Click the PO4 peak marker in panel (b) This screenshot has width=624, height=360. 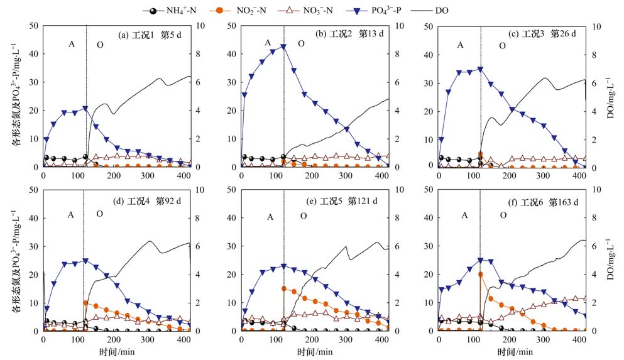point(283,46)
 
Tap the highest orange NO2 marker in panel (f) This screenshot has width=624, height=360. point(481,274)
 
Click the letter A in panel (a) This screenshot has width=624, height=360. point(72,44)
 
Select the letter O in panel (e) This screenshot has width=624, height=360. point(304,216)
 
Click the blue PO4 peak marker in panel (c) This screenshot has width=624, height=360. point(481,69)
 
